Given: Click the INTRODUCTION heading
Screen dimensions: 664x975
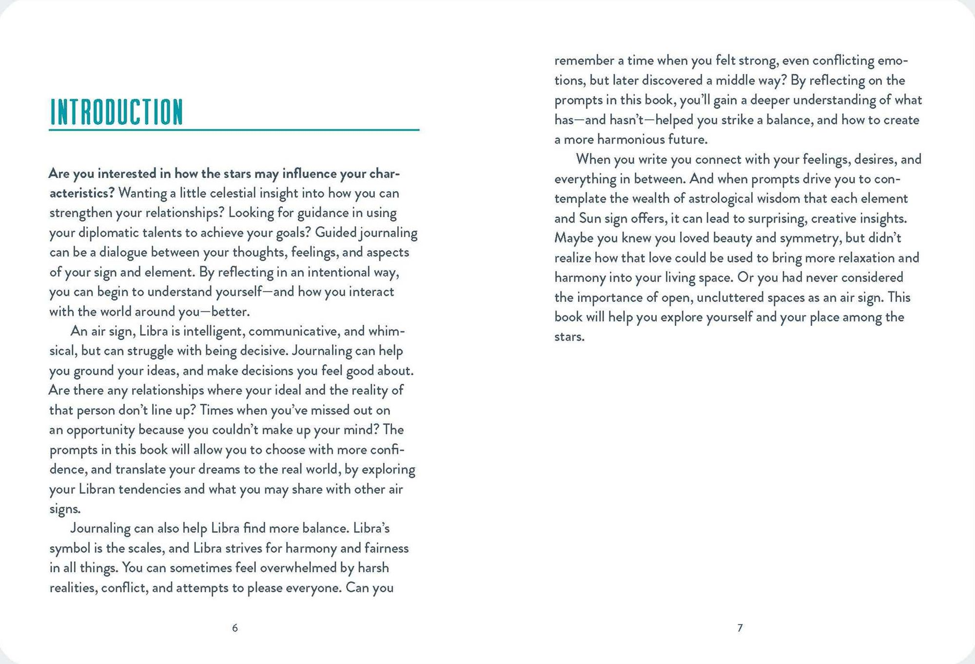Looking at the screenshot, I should [x=117, y=112].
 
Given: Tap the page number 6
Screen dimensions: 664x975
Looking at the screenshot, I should [x=235, y=628].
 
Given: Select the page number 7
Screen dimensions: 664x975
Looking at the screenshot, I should [x=740, y=628].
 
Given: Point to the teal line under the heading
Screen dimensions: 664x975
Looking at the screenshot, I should [x=234, y=130].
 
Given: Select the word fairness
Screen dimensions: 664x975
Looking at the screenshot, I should [x=386, y=549].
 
